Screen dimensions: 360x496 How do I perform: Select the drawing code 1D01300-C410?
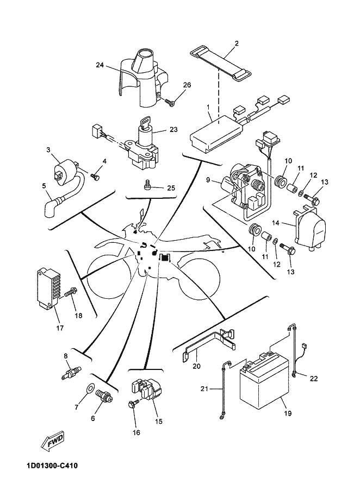tap(50, 466)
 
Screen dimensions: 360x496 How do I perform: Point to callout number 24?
tap(100, 65)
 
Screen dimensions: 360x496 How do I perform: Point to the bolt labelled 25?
tap(148, 185)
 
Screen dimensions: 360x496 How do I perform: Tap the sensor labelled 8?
tap(71, 372)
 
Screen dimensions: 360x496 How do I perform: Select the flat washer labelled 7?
tap(90, 387)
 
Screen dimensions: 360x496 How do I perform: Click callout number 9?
tap(208, 180)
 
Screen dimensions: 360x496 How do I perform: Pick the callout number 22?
tap(313, 378)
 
